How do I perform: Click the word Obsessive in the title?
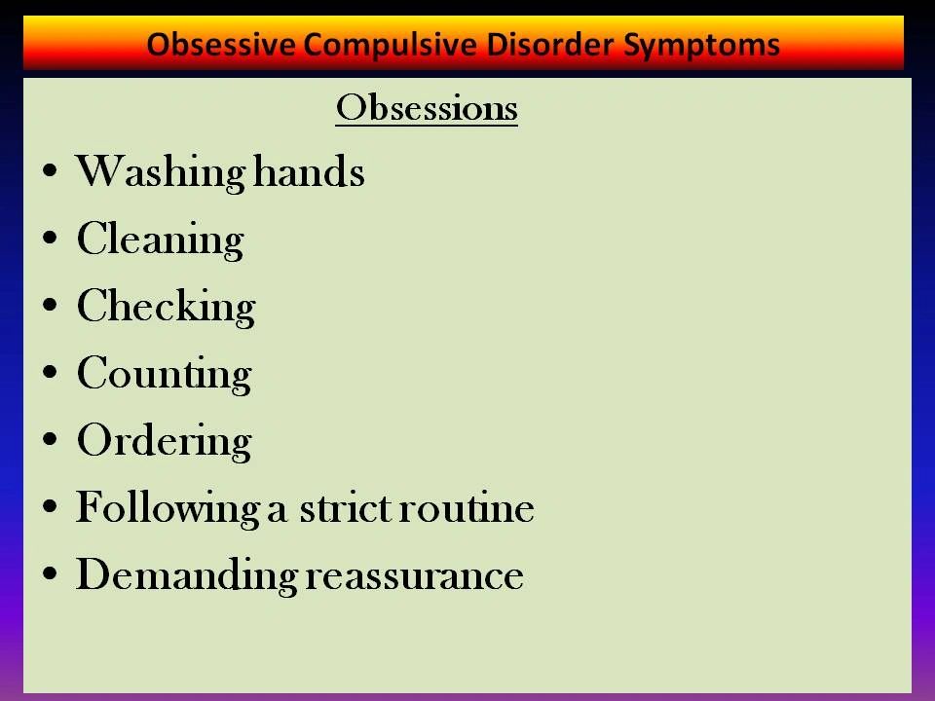(x=221, y=44)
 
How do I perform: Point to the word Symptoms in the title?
(x=701, y=46)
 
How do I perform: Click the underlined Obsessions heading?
(x=427, y=108)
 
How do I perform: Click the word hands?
(x=309, y=171)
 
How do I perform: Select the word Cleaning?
(x=160, y=240)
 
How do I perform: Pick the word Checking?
(x=166, y=307)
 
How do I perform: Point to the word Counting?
(x=164, y=374)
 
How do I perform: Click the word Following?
(x=168, y=509)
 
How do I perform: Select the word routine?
(x=467, y=508)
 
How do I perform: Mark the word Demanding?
(x=186, y=575)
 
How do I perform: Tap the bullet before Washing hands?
(x=50, y=170)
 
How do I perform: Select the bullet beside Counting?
(x=50, y=372)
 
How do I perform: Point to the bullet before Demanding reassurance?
(x=50, y=573)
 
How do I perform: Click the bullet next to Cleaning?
(x=50, y=238)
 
